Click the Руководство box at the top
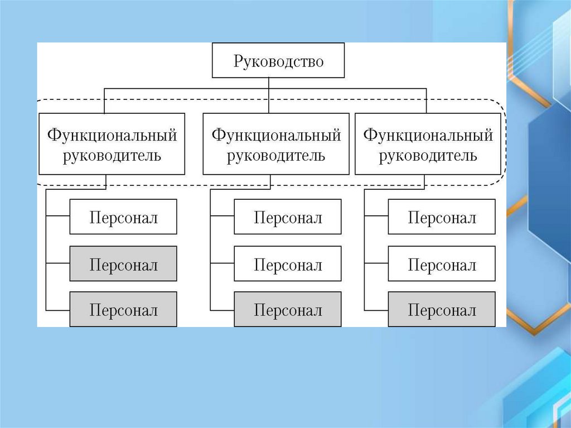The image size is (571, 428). pos(278,61)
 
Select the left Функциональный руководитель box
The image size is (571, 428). pos(112,144)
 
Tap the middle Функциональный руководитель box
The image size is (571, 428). pos(275,144)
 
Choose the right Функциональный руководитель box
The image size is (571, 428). pos(428,144)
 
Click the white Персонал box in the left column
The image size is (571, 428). pos(123,217)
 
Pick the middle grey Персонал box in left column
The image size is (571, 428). pos(123,263)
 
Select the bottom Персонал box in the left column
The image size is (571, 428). pos(123,309)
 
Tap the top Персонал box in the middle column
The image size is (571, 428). pos(287,217)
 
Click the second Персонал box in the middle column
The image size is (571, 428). pos(287,263)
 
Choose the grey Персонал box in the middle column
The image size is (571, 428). pos(287,309)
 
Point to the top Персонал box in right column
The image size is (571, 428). pos(442,217)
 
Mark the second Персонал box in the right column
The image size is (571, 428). pos(442,263)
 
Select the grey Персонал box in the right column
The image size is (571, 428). pos(442,309)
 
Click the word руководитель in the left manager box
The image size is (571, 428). pos(112,155)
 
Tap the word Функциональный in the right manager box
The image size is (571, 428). pos(428,135)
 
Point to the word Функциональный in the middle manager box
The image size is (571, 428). pos(276,135)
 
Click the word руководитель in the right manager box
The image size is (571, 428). pos(428,155)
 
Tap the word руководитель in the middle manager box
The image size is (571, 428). pos(276,155)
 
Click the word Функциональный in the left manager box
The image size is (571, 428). pos(112,135)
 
